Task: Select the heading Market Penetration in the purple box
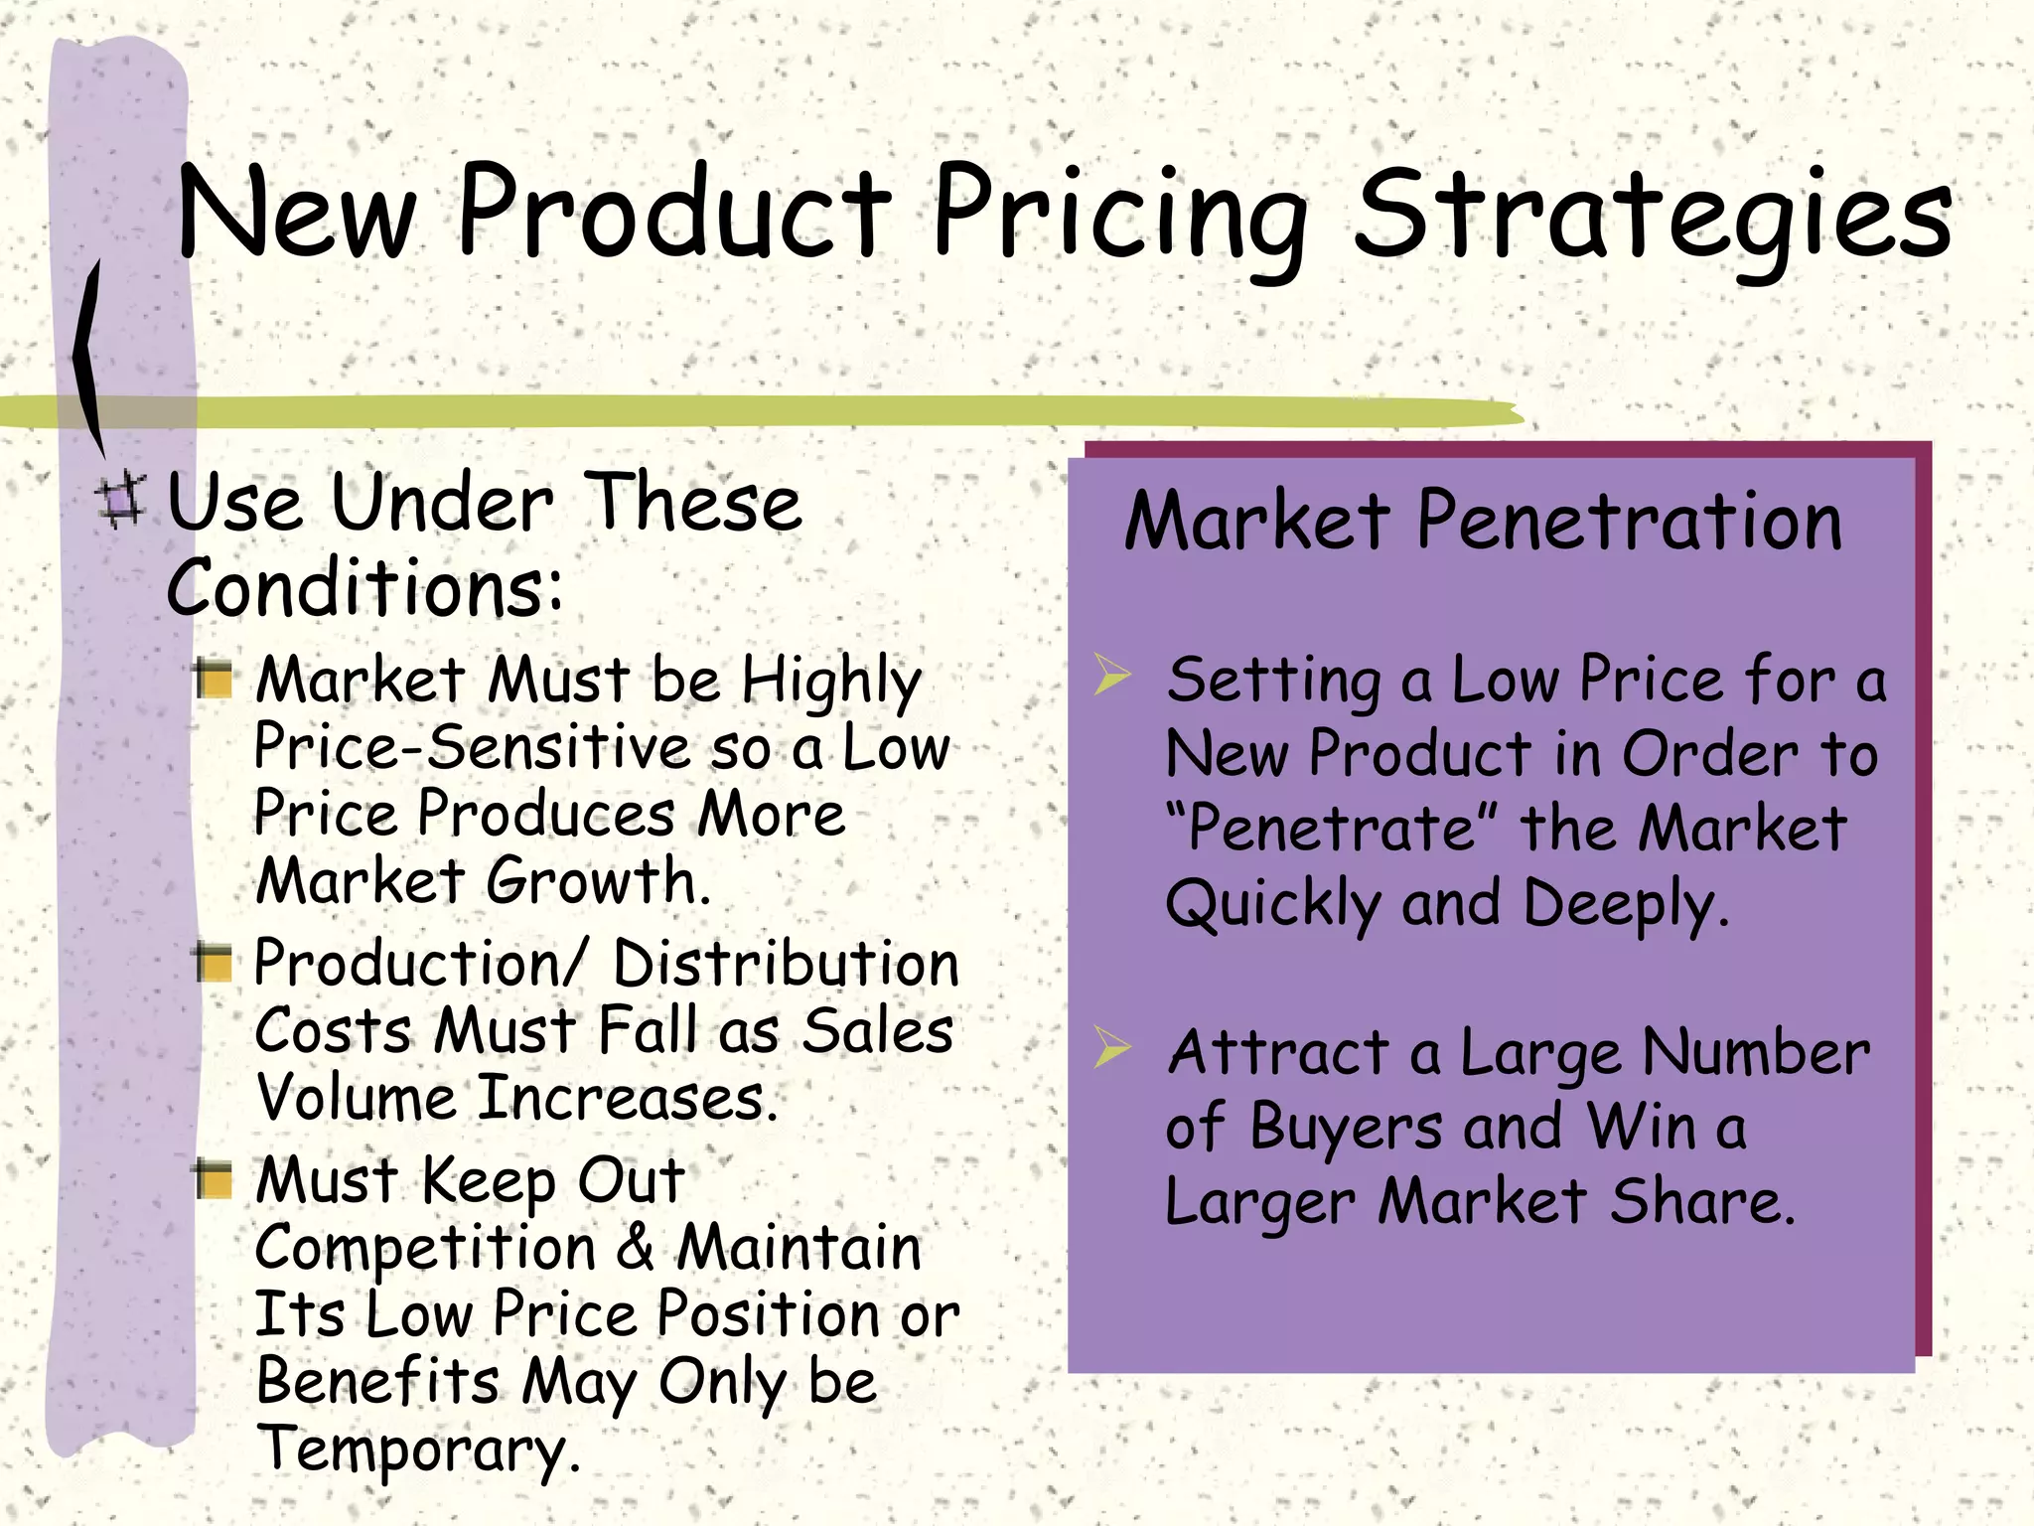click(1483, 522)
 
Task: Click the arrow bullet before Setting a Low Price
click(1111, 675)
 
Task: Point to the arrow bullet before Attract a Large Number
click(1111, 1047)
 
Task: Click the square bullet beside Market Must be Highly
click(214, 680)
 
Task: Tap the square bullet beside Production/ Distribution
click(214, 963)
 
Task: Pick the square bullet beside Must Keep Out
click(214, 1179)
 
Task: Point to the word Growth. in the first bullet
click(599, 881)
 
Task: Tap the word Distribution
click(786, 964)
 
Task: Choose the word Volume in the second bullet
click(356, 1098)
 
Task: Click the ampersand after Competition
click(635, 1248)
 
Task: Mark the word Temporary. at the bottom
click(418, 1450)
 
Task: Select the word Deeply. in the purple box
click(1626, 904)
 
